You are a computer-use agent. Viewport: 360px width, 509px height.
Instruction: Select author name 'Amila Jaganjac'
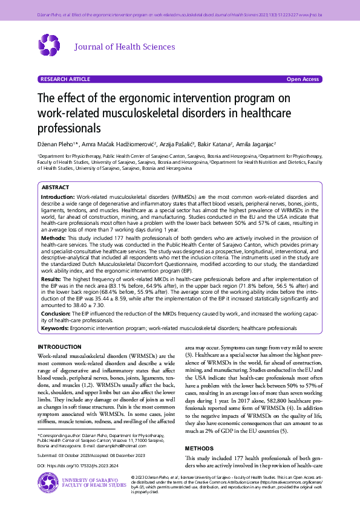255,144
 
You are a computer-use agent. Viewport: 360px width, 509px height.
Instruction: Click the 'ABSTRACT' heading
55,188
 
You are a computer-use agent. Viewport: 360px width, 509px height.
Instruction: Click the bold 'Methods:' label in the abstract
53,239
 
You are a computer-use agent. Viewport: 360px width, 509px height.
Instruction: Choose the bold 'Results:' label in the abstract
52,280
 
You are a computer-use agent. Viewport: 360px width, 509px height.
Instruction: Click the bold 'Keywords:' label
54,328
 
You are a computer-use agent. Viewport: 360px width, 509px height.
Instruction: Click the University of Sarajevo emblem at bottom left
48,483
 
